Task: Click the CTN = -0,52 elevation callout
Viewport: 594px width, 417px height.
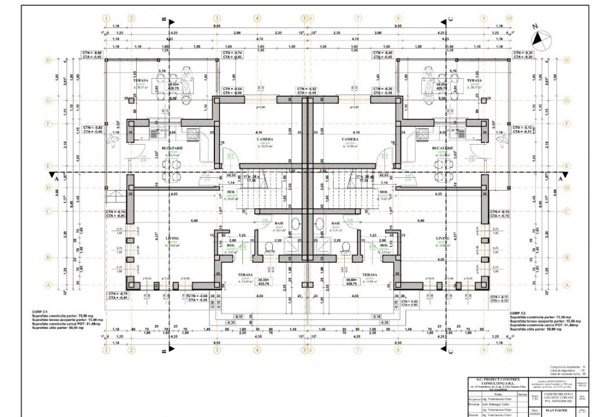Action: click(305, 90)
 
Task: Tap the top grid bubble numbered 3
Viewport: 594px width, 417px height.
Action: click(217, 19)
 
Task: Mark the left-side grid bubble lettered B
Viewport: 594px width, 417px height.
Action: click(49, 258)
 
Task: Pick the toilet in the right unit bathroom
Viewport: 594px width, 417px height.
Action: click(346, 247)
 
